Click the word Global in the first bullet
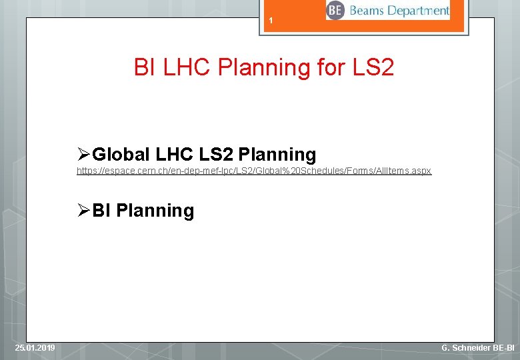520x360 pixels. point(121,155)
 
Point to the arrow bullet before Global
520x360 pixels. point(83,155)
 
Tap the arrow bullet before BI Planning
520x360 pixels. point(83,211)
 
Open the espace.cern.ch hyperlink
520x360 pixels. point(253,171)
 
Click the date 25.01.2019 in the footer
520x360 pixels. point(35,348)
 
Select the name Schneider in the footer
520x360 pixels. point(470,348)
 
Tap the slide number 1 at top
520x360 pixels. point(271,22)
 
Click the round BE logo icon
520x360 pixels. point(335,11)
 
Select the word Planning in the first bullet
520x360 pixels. point(277,155)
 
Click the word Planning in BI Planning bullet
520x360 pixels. point(155,211)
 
